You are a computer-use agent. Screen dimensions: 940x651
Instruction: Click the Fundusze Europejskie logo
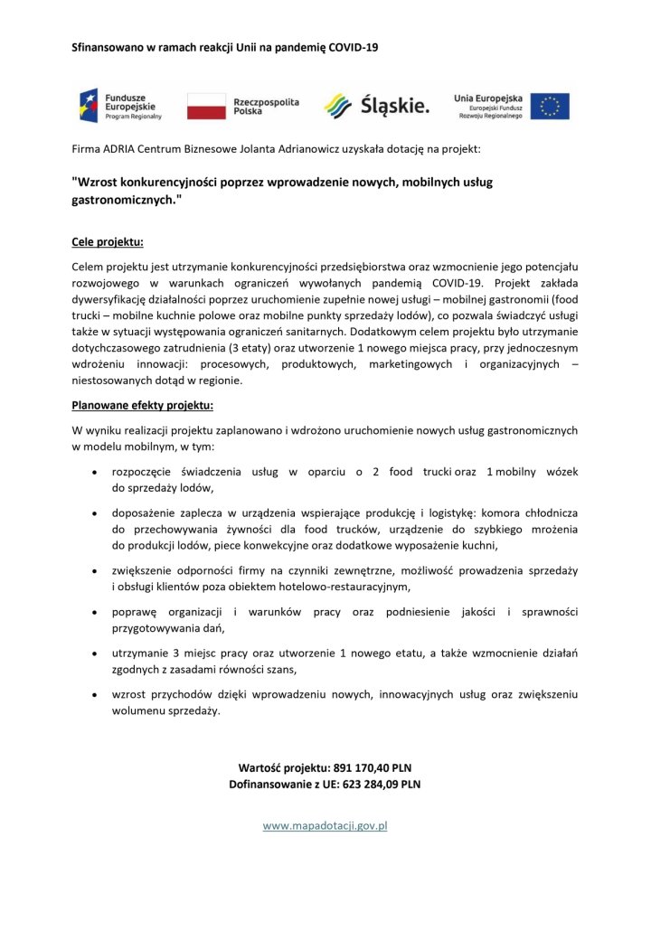click(x=120, y=105)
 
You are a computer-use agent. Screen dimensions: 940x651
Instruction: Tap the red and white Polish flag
click(x=206, y=106)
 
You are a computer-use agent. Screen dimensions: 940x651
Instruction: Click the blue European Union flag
click(x=549, y=106)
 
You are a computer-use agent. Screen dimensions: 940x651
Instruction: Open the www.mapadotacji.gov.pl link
click(x=325, y=825)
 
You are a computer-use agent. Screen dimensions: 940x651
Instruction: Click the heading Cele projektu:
click(x=108, y=242)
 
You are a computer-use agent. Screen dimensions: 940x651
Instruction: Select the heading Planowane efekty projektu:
click(x=142, y=406)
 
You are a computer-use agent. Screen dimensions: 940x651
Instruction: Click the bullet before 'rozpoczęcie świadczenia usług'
click(x=95, y=472)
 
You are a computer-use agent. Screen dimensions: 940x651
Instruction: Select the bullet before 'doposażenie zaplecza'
click(x=95, y=513)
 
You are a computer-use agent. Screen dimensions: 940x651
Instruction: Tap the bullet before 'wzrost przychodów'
click(x=95, y=695)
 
